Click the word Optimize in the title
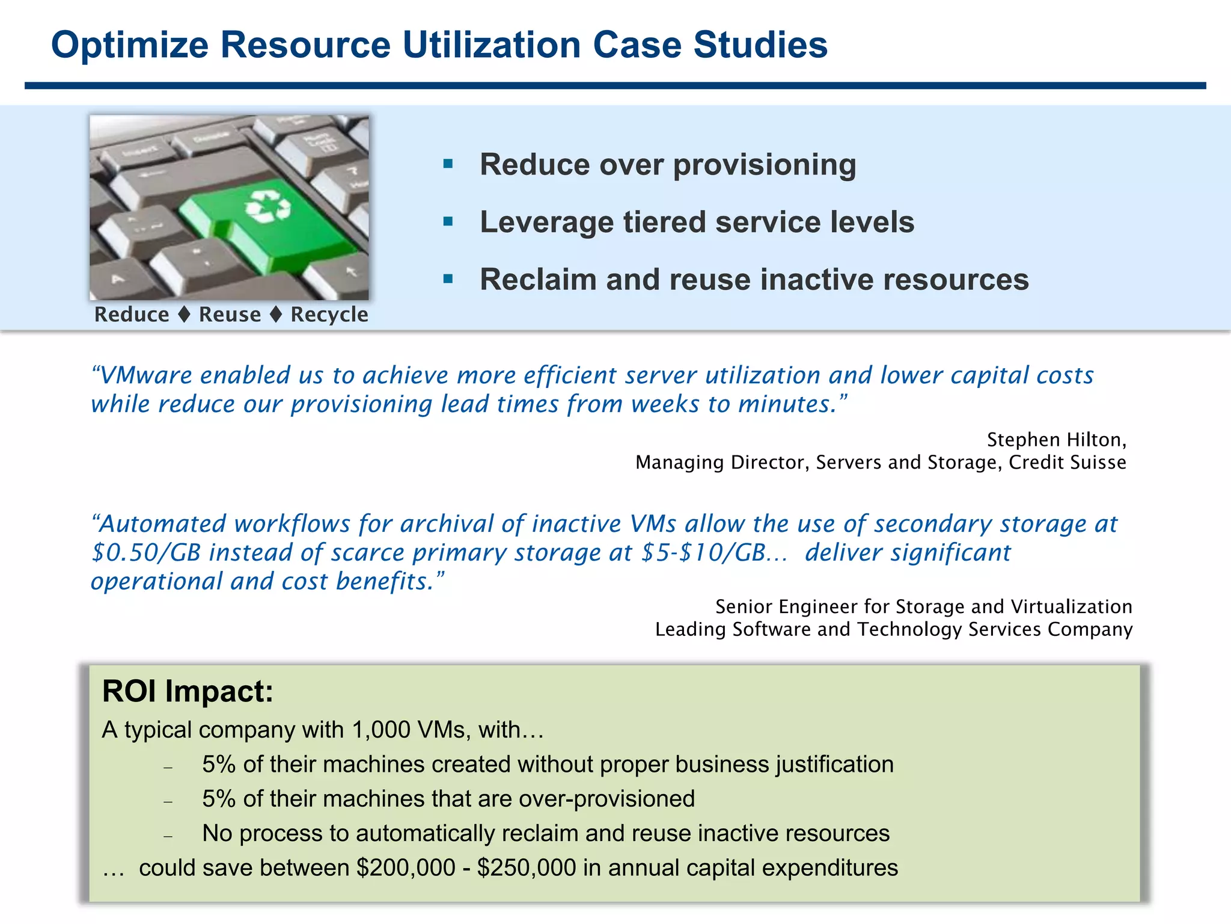click(x=129, y=46)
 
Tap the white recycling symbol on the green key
click(x=267, y=207)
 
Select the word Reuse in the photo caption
click(x=230, y=315)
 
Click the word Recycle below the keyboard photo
click(x=329, y=315)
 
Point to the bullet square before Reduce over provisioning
click(x=448, y=164)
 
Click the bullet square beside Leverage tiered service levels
click(x=448, y=221)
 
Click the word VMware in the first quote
click(x=145, y=375)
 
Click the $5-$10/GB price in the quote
click(x=703, y=553)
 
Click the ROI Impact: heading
click(x=188, y=691)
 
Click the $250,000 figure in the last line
click(x=526, y=868)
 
